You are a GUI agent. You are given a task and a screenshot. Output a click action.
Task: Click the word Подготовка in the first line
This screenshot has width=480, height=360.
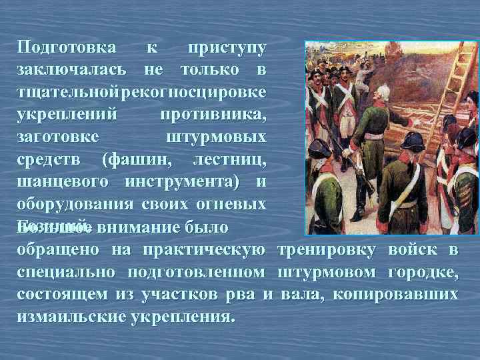click(67, 49)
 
